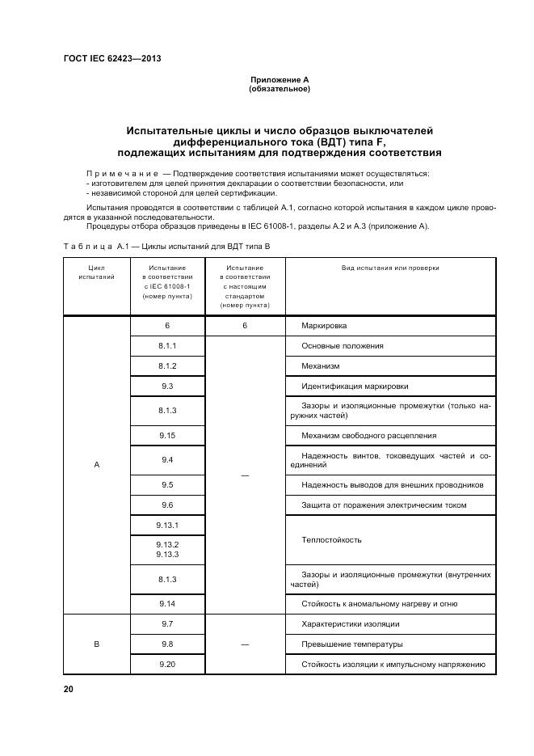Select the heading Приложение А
click(280, 79)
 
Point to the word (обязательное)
click(280, 88)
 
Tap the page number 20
click(68, 689)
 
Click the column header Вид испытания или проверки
click(390, 268)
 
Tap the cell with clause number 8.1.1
click(167, 346)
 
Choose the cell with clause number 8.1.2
click(167, 366)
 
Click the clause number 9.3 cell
click(167, 386)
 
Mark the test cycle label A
click(97, 465)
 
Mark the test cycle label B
click(97, 644)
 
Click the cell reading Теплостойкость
click(331, 539)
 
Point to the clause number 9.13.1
click(167, 526)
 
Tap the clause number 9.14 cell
click(167, 604)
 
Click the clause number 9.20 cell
click(167, 665)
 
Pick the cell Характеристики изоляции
click(350, 624)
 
